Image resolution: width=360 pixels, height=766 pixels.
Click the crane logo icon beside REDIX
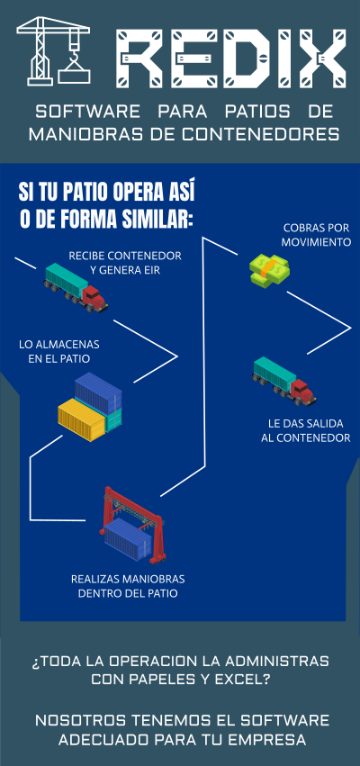coord(53,50)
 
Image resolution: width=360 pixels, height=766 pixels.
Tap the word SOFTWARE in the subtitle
coord(88,112)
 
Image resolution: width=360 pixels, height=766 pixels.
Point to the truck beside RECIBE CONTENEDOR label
coord(76,287)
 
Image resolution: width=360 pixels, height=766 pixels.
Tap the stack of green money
coord(269,269)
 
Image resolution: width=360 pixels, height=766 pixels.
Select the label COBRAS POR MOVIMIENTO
coord(317,235)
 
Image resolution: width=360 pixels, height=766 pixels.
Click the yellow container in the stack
coord(82,419)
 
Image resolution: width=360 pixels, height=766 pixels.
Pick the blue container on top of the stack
coord(98,392)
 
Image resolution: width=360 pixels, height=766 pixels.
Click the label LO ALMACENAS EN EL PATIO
coord(59,351)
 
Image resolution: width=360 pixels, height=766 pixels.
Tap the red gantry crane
coord(133,525)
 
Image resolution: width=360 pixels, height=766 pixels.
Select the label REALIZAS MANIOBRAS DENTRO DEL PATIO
coord(128,586)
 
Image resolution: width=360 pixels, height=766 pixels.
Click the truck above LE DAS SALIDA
coord(284,381)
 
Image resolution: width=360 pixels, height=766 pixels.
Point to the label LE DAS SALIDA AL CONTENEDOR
coord(306,430)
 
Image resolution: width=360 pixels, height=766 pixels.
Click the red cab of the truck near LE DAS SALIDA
coord(303,392)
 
